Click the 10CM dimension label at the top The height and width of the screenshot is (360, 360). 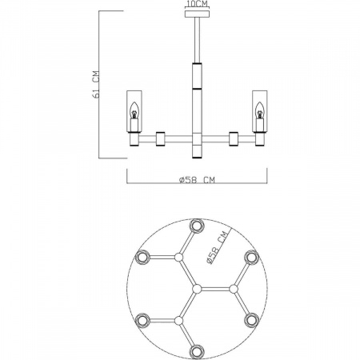tap(196, 4)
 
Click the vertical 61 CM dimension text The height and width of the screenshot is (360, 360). tap(97, 83)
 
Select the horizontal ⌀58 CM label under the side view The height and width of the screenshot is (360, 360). tap(196, 180)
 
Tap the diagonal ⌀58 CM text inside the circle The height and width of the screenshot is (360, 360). tap(214, 247)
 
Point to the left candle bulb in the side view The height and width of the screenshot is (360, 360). tap(134, 114)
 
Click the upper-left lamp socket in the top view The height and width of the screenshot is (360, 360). tap(143, 257)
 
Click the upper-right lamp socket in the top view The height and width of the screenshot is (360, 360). tap(250, 257)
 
